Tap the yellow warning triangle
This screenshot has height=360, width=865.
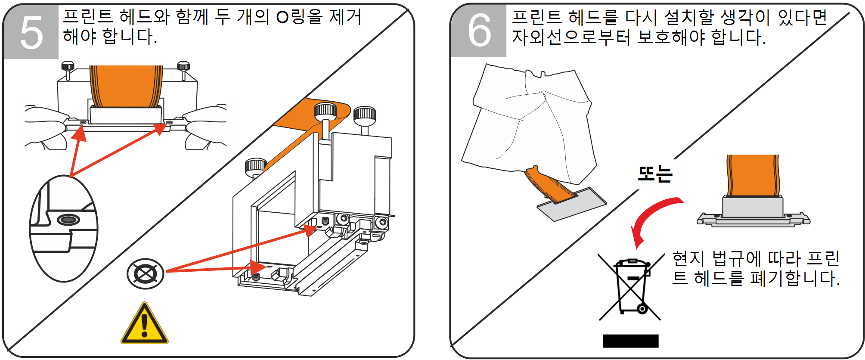pos(145,325)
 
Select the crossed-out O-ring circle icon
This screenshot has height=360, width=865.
pos(146,273)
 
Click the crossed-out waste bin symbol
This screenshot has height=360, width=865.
pos(631,286)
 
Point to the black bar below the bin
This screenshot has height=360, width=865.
pos(630,341)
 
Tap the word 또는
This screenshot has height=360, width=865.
pos(655,174)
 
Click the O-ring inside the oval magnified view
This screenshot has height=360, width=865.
pos(68,220)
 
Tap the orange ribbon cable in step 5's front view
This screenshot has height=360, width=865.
pos(126,86)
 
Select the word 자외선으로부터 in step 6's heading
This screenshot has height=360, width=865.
pos(571,37)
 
